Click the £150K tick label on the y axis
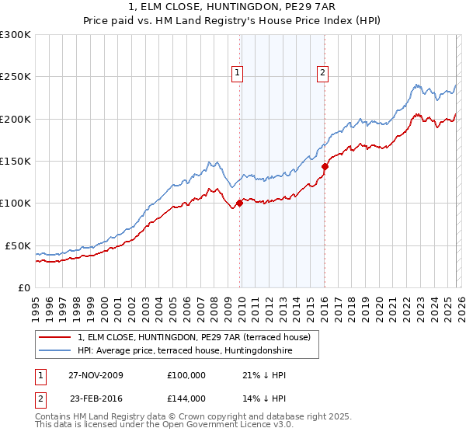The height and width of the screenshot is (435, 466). tap(15, 161)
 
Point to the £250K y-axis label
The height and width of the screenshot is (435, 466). tap(15, 77)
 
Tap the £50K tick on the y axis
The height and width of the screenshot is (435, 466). tap(17, 245)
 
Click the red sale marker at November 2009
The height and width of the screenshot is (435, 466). tap(239, 204)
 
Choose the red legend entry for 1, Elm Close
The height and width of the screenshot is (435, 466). tap(194, 337)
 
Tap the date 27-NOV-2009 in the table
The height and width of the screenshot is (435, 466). tap(96, 375)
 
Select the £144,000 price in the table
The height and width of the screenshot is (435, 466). tap(186, 398)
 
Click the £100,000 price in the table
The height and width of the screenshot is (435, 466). tap(186, 375)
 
